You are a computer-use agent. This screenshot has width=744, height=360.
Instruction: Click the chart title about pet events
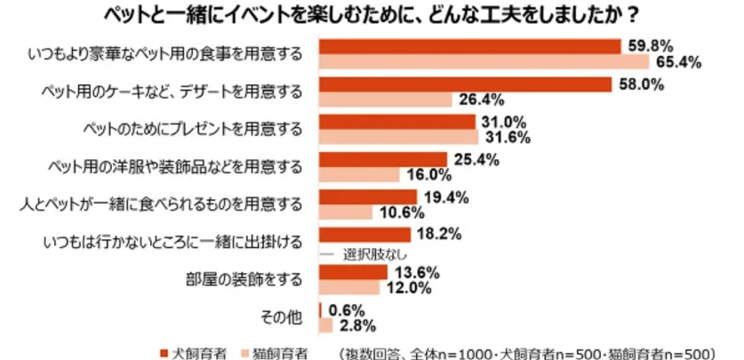pyautogui.click(x=371, y=14)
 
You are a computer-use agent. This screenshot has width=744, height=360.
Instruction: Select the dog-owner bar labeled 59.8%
pyautogui.click(x=469, y=46)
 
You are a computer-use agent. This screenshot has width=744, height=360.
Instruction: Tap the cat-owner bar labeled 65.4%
pyautogui.click(x=484, y=61)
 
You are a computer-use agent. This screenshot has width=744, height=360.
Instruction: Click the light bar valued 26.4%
pyautogui.click(x=385, y=99)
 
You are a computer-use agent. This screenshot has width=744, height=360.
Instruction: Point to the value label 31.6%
pyautogui.click(x=506, y=137)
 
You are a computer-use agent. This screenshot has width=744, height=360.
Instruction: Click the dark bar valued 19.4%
pyautogui.click(x=368, y=197)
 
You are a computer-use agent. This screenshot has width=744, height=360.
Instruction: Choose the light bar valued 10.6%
pyautogui.click(x=346, y=212)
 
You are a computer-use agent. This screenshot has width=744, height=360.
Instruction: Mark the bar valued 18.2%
pyautogui.click(x=364, y=236)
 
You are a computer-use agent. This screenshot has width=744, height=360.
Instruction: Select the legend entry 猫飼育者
pyautogui.click(x=273, y=350)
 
